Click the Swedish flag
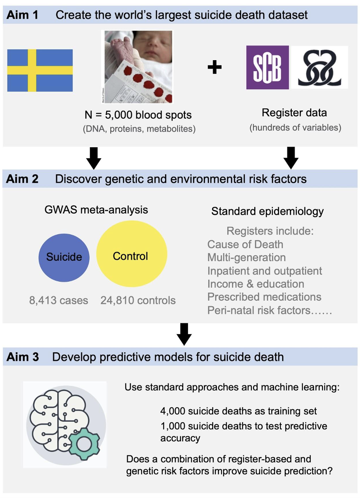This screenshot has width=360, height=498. (40, 70)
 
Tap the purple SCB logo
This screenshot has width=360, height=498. (268, 67)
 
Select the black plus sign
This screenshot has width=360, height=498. (215, 68)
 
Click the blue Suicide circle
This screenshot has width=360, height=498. (64, 257)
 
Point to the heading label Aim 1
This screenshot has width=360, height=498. (23, 15)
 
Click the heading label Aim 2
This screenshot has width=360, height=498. (23, 179)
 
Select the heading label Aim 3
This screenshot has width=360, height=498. (23, 357)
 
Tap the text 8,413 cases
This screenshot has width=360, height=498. (59, 300)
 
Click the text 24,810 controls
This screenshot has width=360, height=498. (138, 300)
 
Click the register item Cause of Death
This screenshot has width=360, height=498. (245, 245)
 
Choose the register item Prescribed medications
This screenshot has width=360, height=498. (264, 297)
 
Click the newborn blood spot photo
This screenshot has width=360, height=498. (137, 67)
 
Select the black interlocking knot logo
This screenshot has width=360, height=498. (320, 67)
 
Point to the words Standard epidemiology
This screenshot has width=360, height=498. (267, 211)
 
